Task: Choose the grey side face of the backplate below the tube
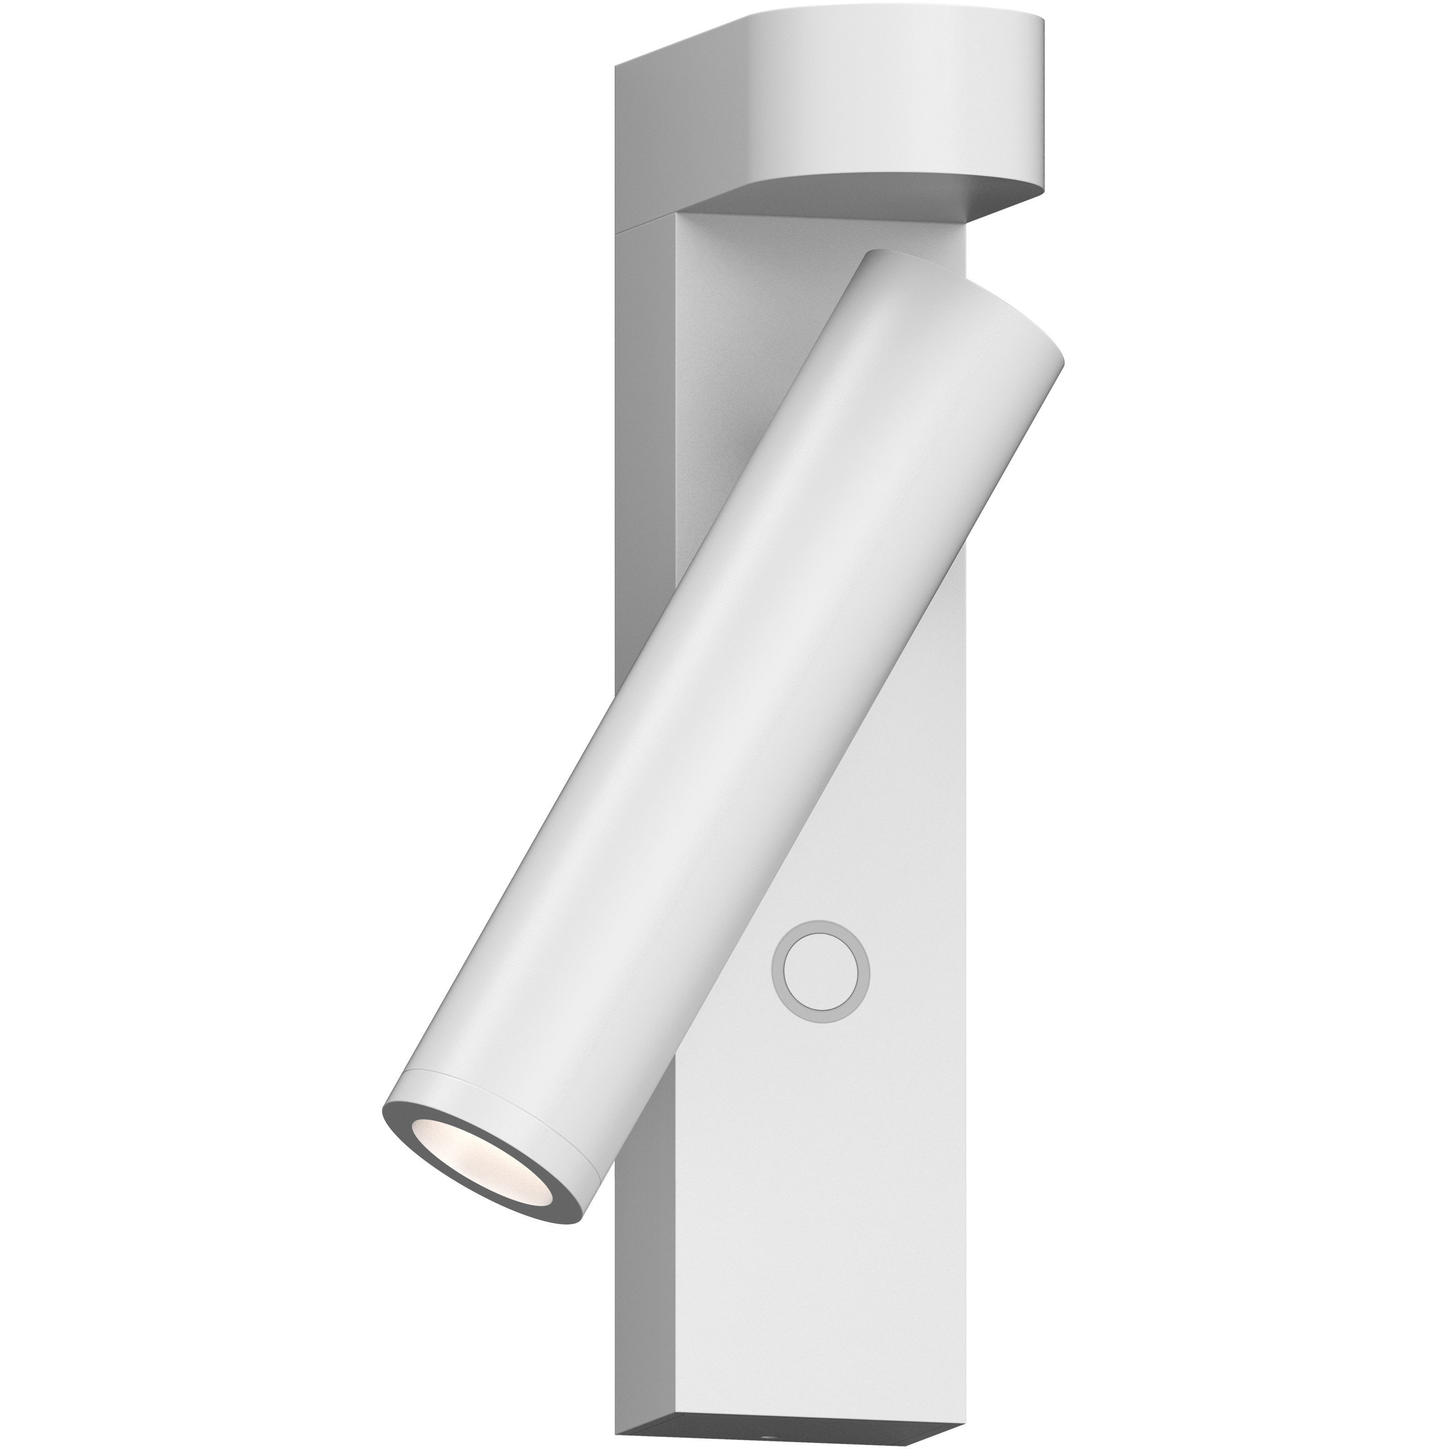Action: coord(645,1275)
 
